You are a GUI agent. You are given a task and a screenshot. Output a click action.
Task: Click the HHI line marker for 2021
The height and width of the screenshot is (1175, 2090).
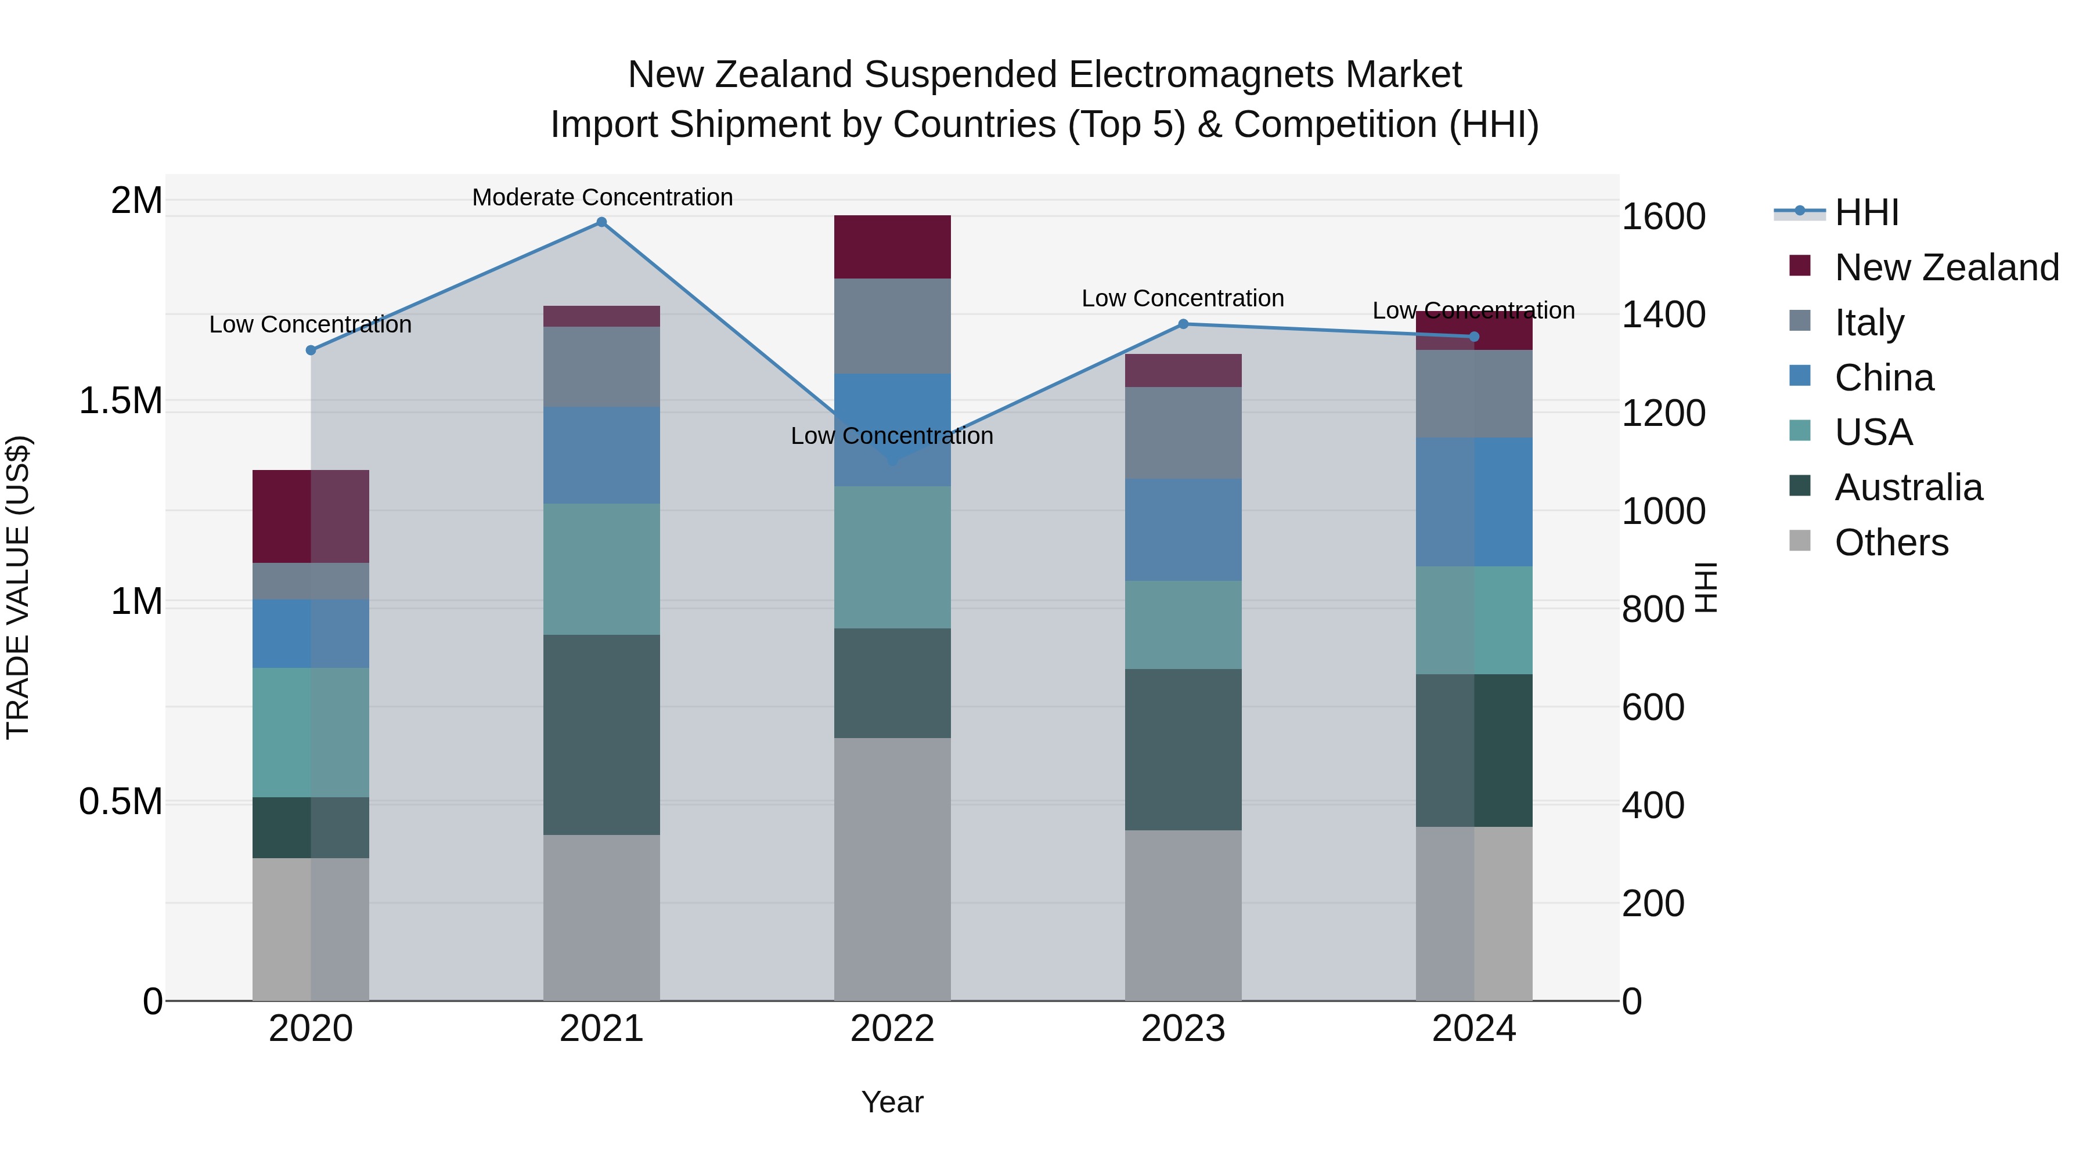601,222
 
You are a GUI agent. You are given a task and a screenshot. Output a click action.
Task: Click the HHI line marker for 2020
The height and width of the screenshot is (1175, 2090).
311,350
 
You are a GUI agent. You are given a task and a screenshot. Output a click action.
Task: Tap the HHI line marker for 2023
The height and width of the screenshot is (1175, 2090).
1183,324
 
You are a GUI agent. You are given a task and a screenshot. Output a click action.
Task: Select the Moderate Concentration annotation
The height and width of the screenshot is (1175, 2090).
602,198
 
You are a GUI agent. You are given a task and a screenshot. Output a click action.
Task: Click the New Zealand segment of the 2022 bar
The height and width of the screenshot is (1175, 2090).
892,247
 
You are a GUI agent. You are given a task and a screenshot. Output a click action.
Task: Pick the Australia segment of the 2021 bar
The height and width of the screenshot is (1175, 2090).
601,735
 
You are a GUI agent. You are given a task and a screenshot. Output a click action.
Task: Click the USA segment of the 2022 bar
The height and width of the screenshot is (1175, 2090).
892,557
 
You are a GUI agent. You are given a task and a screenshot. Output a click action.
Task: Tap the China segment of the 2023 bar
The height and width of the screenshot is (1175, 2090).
1183,530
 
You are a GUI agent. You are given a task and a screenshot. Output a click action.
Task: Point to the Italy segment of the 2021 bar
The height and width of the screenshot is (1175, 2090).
601,367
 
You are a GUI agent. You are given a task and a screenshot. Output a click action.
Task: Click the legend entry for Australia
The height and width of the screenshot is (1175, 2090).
1908,487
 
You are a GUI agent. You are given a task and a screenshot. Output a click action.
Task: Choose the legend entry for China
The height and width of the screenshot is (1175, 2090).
1884,378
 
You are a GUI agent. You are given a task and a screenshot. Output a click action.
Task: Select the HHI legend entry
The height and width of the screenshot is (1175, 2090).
1866,212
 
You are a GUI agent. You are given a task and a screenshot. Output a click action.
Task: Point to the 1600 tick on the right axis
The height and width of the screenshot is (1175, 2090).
1663,218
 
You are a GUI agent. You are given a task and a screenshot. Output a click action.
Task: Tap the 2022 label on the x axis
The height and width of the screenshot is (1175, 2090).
892,1029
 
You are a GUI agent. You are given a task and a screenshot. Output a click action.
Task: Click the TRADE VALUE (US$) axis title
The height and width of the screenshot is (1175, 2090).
18,587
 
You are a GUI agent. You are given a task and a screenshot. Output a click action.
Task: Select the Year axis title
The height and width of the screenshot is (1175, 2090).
892,1102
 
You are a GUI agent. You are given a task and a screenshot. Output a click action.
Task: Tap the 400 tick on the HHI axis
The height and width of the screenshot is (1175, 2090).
1653,805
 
